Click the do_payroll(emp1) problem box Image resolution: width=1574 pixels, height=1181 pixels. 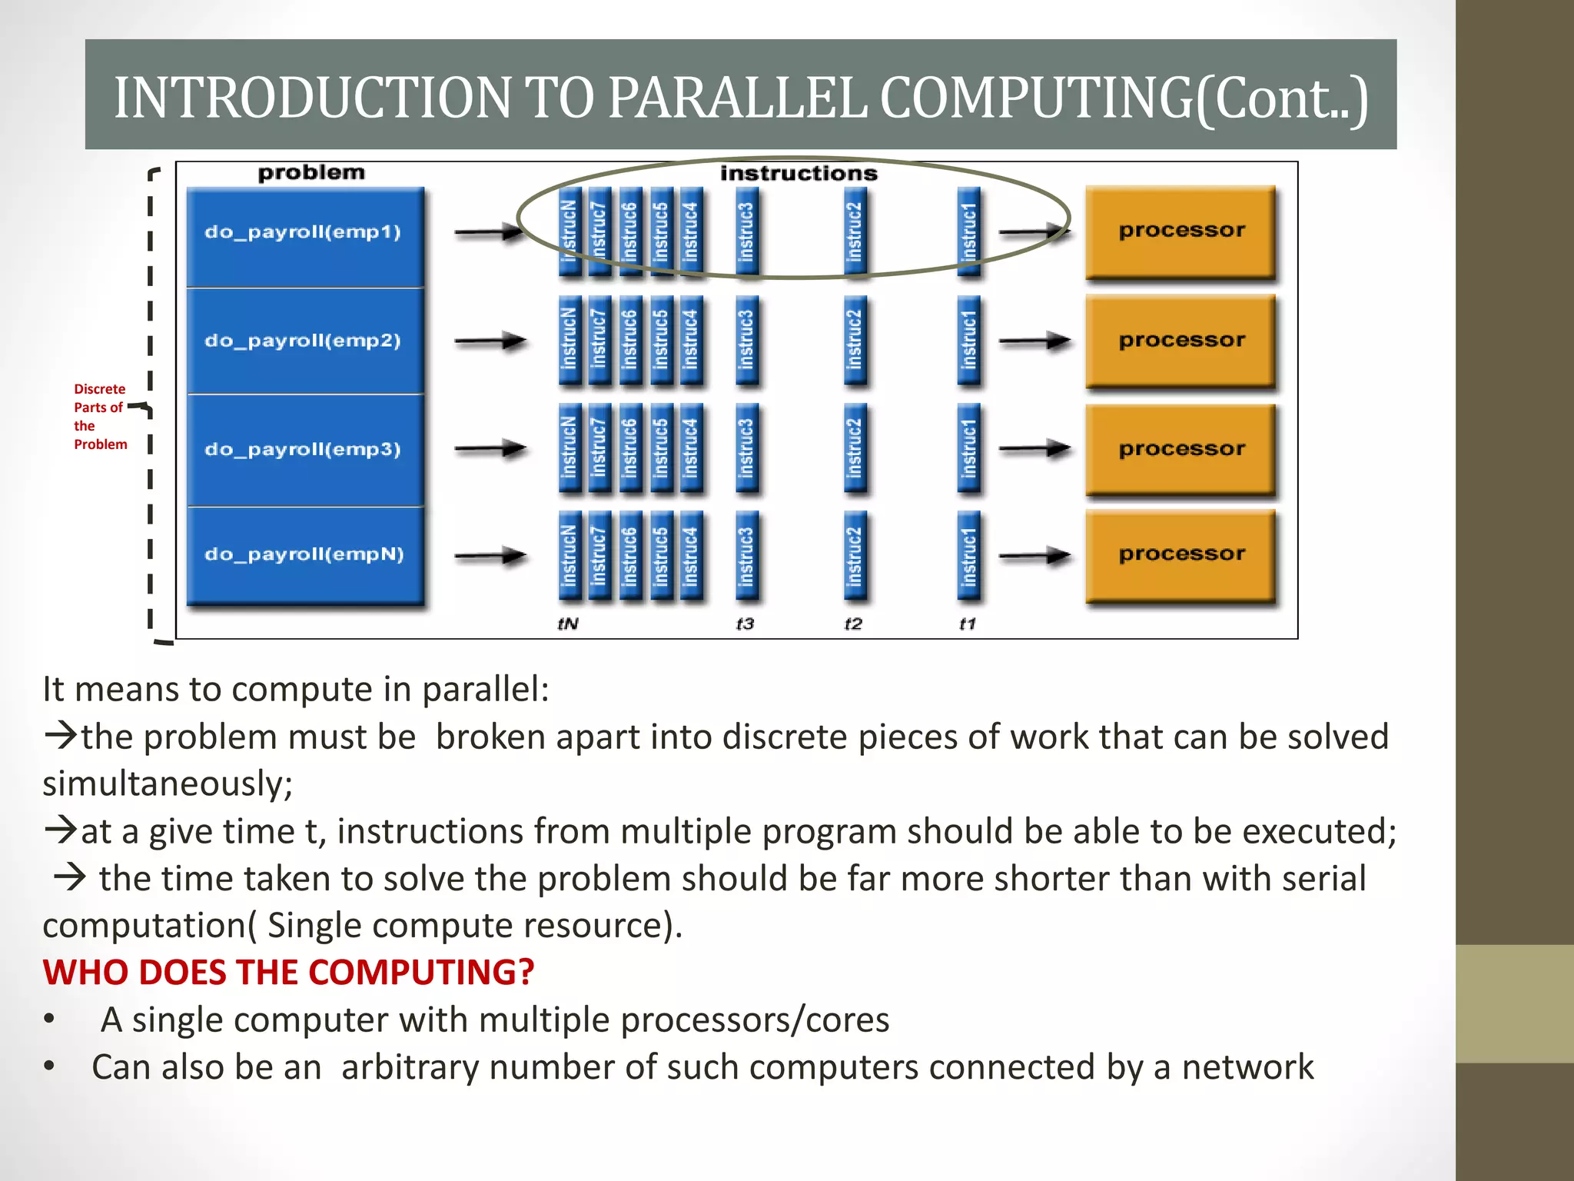[305, 235]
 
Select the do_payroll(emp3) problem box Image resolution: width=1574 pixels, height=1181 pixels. [305, 450]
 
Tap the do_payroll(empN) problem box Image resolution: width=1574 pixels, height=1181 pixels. [305, 555]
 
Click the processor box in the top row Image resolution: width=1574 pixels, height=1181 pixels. [1181, 231]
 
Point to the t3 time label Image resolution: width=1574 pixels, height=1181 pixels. [745, 624]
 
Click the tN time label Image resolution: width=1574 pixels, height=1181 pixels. [568, 624]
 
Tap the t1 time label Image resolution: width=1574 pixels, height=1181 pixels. [968, 624]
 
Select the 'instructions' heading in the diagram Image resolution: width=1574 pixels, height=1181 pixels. [799, 174]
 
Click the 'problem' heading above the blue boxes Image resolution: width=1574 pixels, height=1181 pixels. [311, 172]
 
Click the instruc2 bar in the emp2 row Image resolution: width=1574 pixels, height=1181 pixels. [855, 341]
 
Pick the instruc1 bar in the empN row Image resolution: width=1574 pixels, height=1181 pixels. [969, 555]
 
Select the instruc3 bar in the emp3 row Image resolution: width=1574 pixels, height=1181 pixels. [746, 448]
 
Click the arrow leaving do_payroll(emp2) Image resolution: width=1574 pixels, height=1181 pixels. [490, 341]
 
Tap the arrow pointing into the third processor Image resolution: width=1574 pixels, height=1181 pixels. [1034, 448]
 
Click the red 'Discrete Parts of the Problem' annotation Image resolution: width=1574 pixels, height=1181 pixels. [100, 416]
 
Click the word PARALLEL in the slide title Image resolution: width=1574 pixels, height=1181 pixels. [739, 98]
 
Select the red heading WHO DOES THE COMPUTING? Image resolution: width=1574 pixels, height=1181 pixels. [288, 972]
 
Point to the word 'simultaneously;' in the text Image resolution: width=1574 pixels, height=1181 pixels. [168, 784]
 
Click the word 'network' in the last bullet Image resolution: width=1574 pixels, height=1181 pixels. [1247, 1067]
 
